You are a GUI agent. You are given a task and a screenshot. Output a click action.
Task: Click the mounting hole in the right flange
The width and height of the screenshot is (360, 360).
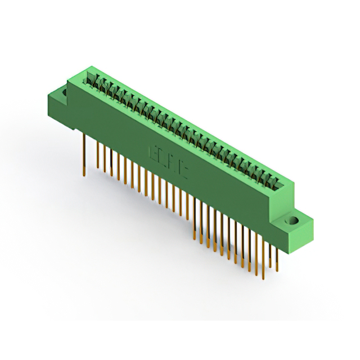pos(293,220)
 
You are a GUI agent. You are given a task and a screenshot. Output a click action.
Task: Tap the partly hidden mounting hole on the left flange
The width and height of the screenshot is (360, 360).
pos(64,92)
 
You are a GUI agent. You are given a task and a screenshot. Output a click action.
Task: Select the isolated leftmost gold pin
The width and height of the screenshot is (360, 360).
pos(84,155)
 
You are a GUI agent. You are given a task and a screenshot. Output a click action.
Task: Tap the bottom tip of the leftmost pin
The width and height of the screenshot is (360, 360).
pos(84,175)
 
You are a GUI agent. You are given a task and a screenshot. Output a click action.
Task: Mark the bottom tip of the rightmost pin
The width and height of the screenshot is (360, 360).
pos(277,265)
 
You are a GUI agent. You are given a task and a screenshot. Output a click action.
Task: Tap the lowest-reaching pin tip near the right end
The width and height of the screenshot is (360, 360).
pos(263,278)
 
